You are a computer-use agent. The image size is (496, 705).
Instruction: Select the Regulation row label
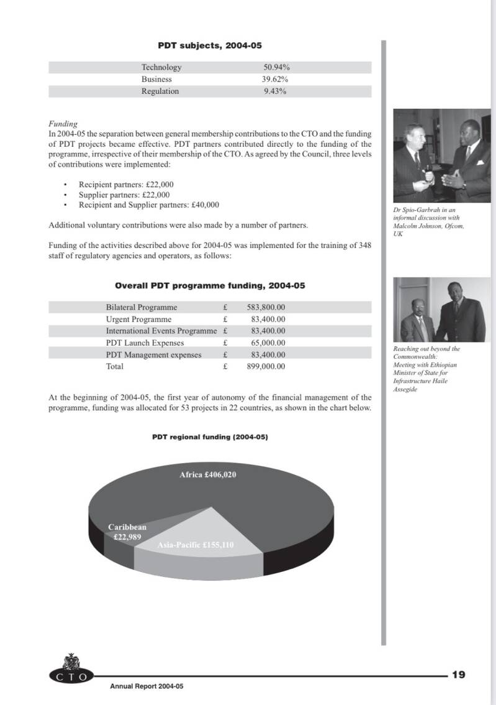[x=160, y=91]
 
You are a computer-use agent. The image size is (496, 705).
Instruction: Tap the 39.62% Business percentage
[x=274, y=80]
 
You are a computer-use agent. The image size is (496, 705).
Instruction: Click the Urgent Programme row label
[x=138, y=320]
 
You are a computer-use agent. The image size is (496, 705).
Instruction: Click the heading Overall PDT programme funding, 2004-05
[x=210, y=286]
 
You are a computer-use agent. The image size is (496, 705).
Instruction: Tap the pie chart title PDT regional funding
[x=210, y=437]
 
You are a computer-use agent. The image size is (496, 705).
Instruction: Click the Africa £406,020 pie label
[x=208, y=475]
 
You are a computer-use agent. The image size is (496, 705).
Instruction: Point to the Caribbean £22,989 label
[x=127, y=532]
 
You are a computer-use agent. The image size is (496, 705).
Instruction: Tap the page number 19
[x=459, y=675]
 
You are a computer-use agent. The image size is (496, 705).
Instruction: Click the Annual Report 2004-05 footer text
[x=147, y=686]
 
